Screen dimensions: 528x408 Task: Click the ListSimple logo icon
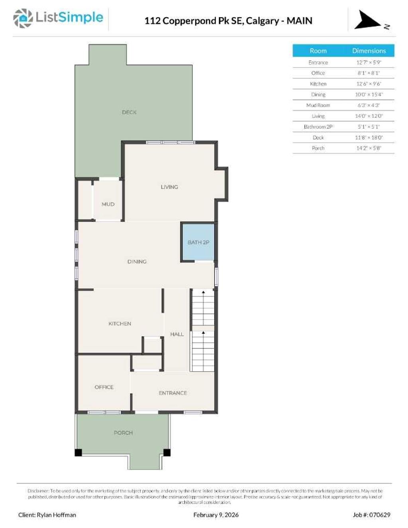(x=23, y=18)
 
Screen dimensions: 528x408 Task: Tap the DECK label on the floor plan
(x=129, y=112)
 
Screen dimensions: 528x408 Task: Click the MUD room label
(x=108, y=204)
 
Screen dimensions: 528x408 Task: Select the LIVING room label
(x=169, y=187)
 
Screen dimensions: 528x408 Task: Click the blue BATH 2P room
(x=198, y=242)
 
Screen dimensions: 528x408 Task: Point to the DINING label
(x=137, y=262)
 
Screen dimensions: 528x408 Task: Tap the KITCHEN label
(x=120, y=324)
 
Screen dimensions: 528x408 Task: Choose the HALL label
(x=177, y=334)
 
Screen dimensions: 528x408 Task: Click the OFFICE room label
(x=104, y=387)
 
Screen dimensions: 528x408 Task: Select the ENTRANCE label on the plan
(x=173, y=393)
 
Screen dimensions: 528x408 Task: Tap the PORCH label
(x=123, y=433)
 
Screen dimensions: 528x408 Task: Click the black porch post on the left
(x=78, y=452)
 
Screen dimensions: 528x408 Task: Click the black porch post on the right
(x=167, y=452)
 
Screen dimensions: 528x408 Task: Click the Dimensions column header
(x=369, y=51)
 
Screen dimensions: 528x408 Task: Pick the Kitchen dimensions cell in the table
(x=369, y=84)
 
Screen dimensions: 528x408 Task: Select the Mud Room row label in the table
(x=318, y=106)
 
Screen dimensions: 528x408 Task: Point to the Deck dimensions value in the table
(x=369, y=138)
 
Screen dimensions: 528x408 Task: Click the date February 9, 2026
(x=216, y=515)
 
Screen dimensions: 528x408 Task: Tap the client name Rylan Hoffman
(x=56, y=515)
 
